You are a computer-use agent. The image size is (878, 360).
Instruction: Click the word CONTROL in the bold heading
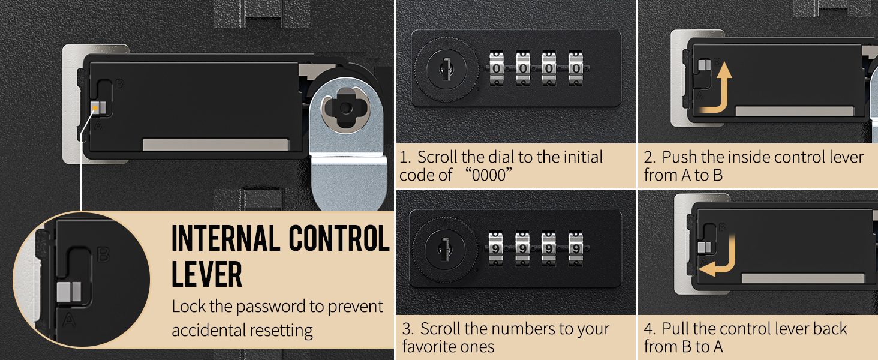[x=339, y=238]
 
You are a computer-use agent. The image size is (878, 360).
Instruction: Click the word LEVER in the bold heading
[x=207, y=274]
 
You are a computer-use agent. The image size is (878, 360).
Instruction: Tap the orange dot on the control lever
[x=95, y=108]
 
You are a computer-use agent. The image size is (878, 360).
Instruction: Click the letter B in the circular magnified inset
[x=103, y=254]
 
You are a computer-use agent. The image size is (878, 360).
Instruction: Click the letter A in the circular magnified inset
[x=69, y=320]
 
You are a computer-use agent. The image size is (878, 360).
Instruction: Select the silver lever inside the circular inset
[x=70, y=292]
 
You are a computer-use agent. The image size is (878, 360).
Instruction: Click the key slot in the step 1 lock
[x=446, y=69]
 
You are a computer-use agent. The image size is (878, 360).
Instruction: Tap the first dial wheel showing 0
[x=497, y=68]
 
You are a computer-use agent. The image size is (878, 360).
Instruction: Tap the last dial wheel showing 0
[x=576, y=68]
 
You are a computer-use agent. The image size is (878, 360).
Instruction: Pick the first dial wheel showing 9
[x=496, y=248]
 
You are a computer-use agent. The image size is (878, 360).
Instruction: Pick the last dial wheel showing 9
[x=576, y=248]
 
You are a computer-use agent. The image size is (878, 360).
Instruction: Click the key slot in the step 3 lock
[x=445, y=250]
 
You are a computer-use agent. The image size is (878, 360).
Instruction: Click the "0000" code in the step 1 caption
[x=488, y=175]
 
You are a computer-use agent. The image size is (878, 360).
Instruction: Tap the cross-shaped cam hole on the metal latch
[x=345, y=107]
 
